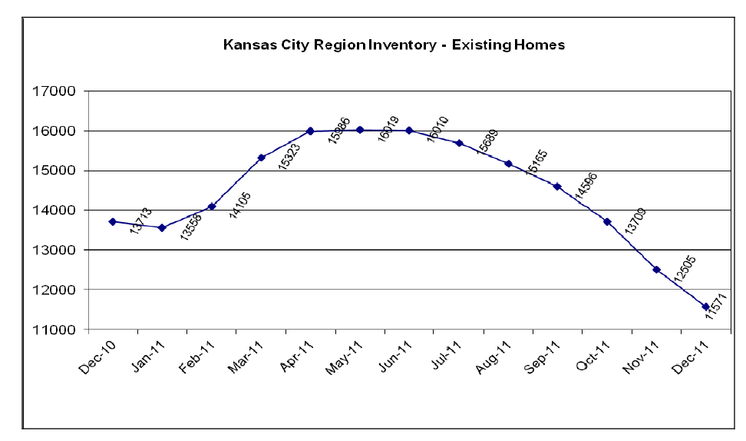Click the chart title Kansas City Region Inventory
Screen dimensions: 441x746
click(394, 45)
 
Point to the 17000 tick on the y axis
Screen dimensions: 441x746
click(56, 91)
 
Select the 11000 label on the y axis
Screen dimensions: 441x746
click(56, 330)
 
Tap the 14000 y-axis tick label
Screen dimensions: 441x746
click(56, 211)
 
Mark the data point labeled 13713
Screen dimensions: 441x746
click(113, 221)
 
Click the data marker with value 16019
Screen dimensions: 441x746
click(359, 130)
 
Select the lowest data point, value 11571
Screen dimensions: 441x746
click(705, 307)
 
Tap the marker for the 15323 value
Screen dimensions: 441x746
click(261, 157)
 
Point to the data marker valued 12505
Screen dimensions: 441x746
click(656, 270)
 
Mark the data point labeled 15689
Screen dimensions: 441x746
click(459, 143)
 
